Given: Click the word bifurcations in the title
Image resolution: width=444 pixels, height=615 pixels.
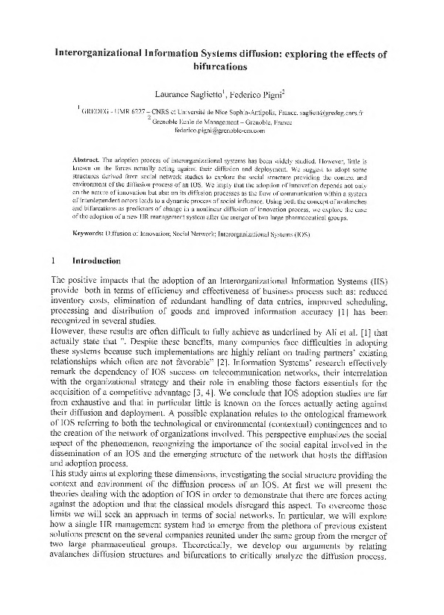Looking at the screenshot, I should [x=222, y=66].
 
